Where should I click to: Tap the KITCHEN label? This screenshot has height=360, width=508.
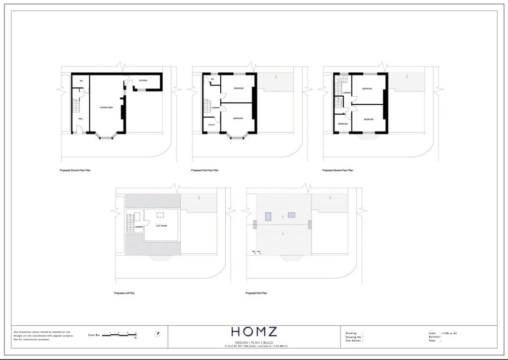click(143, 80)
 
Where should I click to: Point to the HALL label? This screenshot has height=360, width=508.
click(80, 119)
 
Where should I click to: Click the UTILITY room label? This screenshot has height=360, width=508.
click(211, 125)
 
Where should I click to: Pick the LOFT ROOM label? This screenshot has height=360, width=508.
click(161, 226)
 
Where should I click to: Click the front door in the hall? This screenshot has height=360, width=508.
click(79, 132)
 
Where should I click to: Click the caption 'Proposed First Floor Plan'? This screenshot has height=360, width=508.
click(205, 170)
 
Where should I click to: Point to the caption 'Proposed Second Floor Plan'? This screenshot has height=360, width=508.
click(337, 170)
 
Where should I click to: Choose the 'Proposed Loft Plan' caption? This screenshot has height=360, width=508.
click(124, 293)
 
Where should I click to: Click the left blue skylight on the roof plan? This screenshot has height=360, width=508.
click(268, 216)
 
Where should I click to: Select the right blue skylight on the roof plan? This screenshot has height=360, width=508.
click(291, 215)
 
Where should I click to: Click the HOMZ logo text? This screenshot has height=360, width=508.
click(254, 332)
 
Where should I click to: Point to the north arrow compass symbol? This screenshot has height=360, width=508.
click(158, 334)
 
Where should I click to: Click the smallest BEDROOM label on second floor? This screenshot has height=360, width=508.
click(343, 124)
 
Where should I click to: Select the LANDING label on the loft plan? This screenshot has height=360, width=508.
click(138, 227)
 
